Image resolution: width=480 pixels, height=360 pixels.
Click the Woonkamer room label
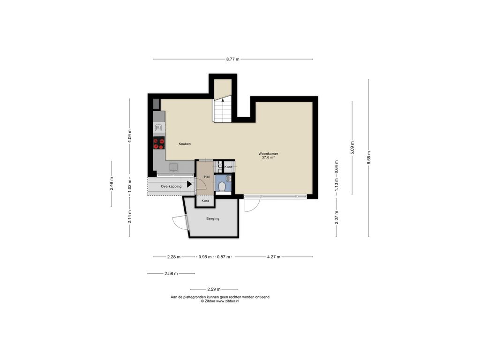point(268,154)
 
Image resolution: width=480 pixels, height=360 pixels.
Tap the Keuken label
point(185,143)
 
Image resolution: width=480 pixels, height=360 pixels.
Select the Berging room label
point(213,218)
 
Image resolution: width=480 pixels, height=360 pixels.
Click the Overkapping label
point(171,186)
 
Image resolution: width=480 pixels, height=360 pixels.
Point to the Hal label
point(207,177)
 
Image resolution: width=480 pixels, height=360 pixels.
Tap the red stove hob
point(159,143)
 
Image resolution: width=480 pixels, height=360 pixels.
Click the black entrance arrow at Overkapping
point(189,184)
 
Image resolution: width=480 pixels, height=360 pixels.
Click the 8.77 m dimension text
point(232,59)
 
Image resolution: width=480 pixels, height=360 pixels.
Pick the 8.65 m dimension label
point(369,157)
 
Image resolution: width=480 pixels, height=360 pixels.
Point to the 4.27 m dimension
point(274,257)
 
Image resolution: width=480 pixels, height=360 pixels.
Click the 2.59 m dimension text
point(214,289)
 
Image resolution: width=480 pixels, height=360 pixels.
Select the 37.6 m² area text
point(268,157)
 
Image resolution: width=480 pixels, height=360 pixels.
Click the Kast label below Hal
point(205,201)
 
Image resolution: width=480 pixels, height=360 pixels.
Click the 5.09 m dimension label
point(352,148)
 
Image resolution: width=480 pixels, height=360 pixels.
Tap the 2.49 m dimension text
point(112,184)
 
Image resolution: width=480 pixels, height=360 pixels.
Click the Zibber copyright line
point(220,301)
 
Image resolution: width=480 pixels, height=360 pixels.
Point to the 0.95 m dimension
point(205,257)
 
